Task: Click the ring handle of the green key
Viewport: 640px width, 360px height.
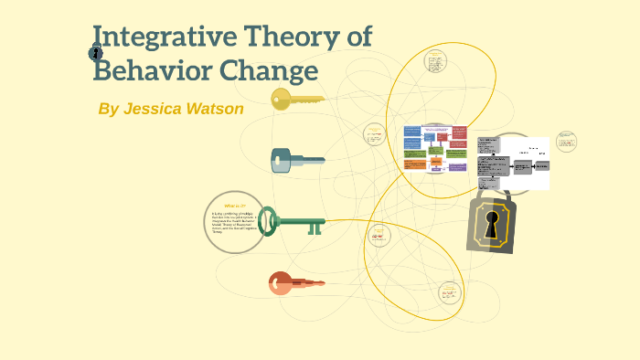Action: pyautogui.click(x=268, y=220)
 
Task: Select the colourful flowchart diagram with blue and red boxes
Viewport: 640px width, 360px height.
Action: pyautogui.click(x=435, y=148)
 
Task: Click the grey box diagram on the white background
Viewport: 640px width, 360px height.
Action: pyautogui.click(x=514, y=163)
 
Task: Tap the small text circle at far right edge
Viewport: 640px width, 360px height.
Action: pyautogui.click(x=567, y=142)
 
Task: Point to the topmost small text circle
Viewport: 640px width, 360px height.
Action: pyautogui.click(x=436, y=62)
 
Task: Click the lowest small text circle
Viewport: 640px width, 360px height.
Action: pyautogui.click(x=448, y=292)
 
